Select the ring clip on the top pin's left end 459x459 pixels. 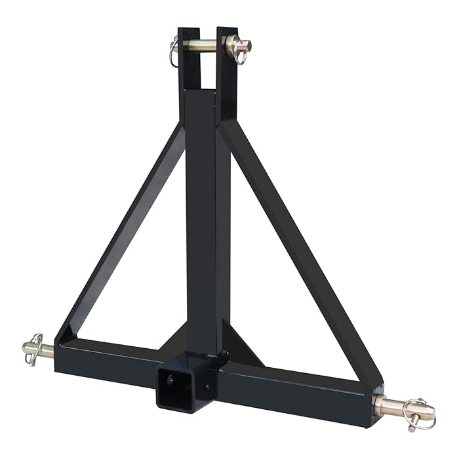[173, 52]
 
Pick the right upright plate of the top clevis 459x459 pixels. [226, 72]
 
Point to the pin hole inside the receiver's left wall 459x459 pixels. [169, 378]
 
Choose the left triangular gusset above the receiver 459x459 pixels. [176, 341]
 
